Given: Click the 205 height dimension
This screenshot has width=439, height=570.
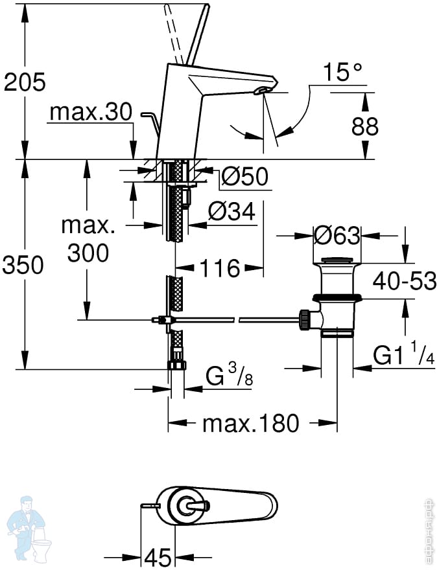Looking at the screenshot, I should [25, 82].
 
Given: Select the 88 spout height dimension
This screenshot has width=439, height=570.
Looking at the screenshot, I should [364, 126].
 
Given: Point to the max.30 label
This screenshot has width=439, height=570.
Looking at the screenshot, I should [90, 112].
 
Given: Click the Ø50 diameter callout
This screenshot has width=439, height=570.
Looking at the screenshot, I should [244, 176].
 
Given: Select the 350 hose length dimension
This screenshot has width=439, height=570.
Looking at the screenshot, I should [23, 264].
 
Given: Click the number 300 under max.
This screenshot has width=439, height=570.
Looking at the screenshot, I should [88, 253].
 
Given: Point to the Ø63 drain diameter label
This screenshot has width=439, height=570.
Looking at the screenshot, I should [337, 236].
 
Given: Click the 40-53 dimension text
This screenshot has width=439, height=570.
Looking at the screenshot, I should [405, 280].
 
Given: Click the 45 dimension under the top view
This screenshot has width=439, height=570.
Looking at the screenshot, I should [158, 556].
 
